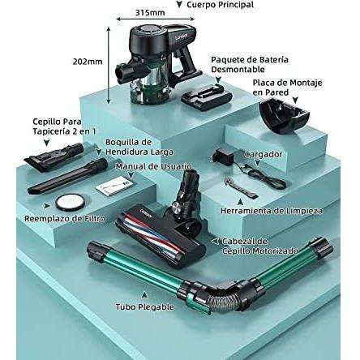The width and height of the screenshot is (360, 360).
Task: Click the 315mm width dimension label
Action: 150,13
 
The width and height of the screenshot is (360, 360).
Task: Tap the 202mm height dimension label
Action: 88,62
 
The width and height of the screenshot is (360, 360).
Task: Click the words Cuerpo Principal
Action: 221,5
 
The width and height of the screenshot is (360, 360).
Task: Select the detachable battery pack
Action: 207,96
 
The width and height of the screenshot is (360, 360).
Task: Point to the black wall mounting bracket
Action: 285,115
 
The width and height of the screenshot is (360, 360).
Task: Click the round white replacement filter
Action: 71,202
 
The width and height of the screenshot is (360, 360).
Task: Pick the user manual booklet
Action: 114,186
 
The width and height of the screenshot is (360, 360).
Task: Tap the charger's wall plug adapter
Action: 223,156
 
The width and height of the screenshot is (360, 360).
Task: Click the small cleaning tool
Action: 240,186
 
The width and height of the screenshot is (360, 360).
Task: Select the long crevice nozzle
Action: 67,176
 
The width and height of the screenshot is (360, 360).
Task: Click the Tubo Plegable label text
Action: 145,307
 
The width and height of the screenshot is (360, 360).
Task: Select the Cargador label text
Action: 264,154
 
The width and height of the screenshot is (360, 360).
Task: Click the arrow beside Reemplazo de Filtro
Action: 47,206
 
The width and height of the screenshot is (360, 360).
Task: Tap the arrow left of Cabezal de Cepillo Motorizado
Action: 215,241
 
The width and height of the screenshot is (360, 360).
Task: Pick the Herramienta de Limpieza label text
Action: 272,211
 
